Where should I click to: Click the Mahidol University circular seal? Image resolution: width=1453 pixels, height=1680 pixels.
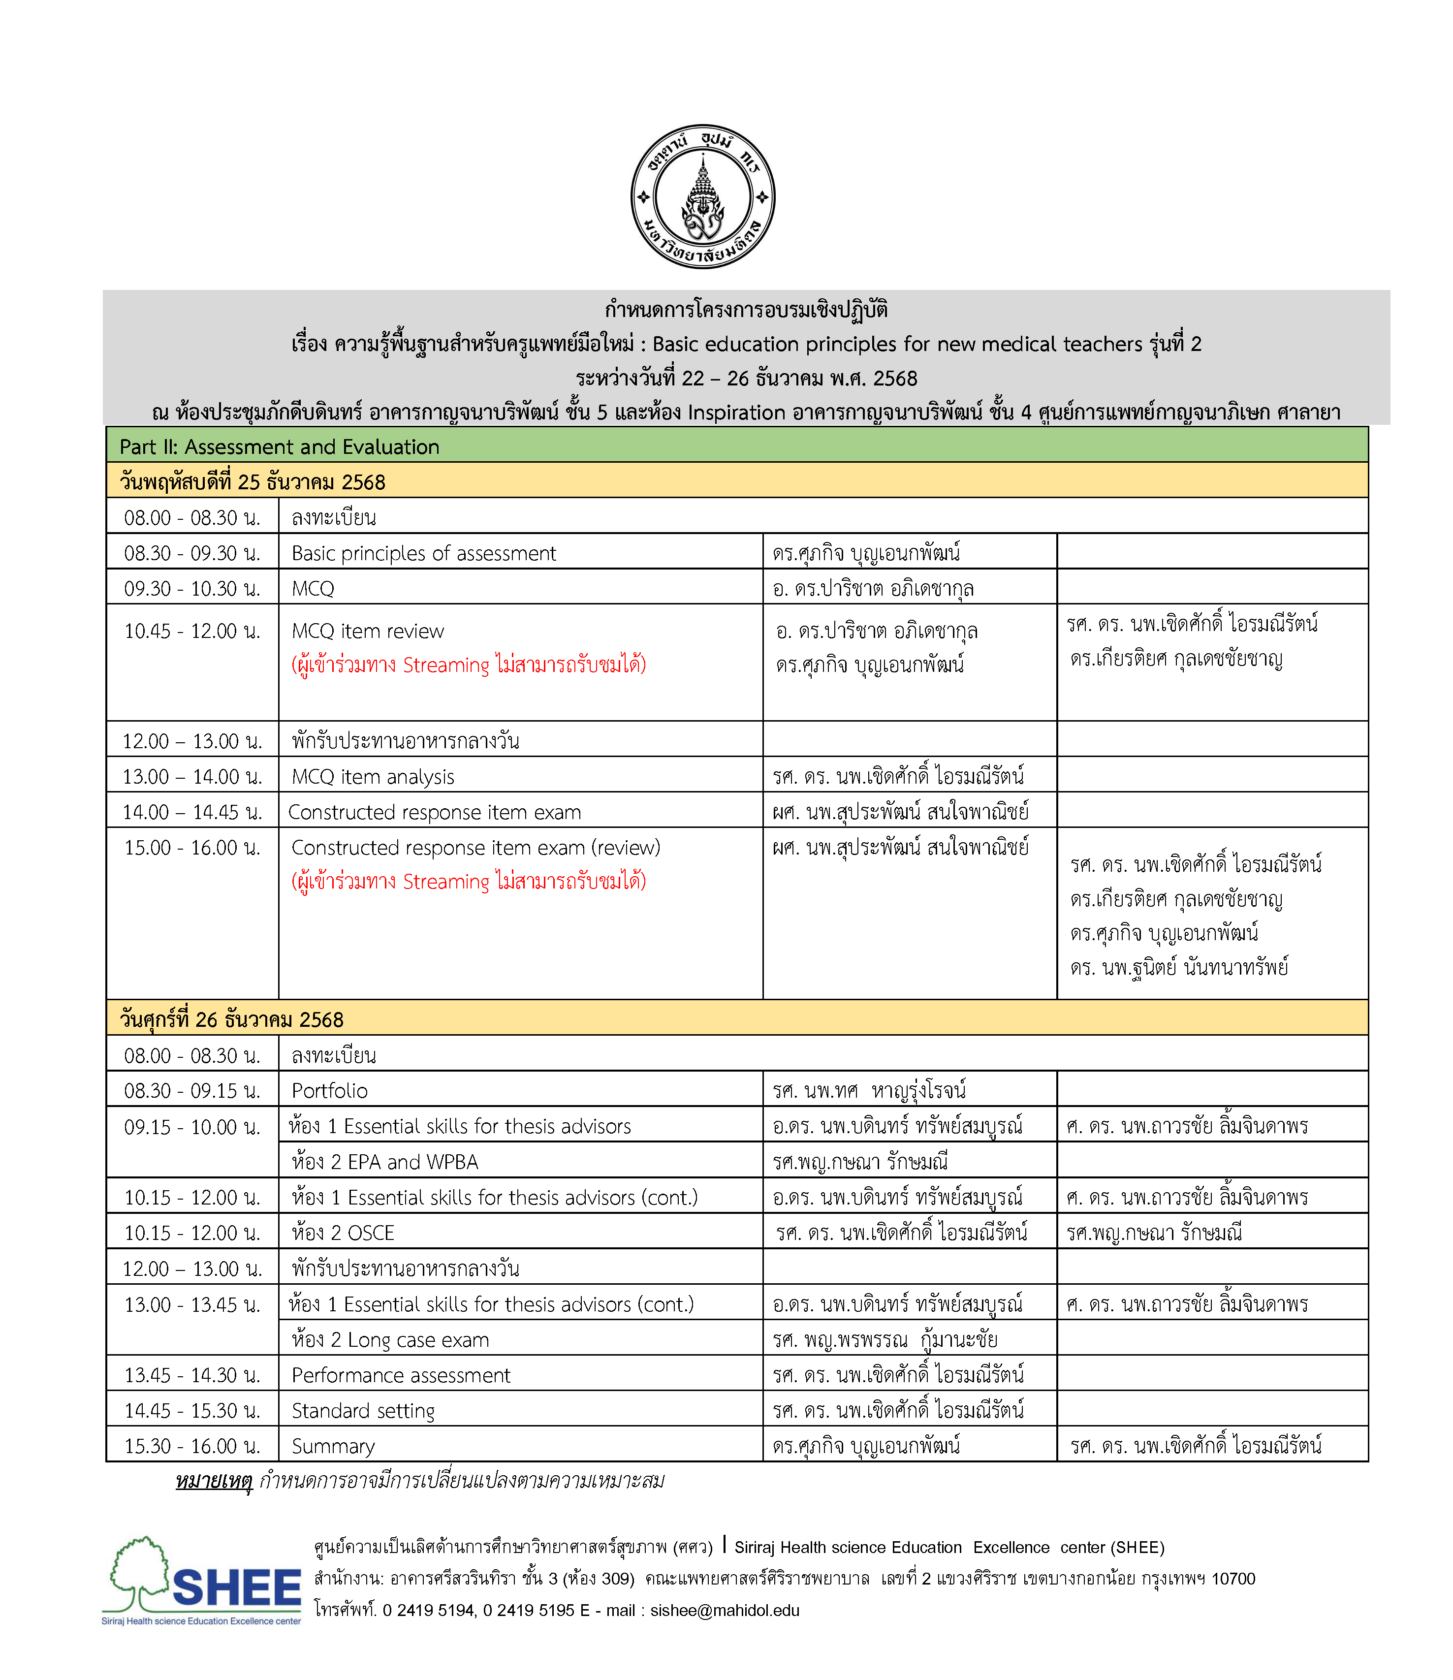702,197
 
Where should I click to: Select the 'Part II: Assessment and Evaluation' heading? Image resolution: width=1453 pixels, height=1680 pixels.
279,447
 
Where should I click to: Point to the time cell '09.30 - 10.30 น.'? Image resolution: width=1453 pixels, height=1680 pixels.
192,589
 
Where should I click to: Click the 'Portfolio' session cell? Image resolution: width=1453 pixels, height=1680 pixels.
329,1090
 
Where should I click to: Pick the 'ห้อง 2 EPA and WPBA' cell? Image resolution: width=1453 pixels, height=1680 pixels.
384,1162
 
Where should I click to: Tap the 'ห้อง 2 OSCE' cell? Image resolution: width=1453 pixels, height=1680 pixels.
342,1233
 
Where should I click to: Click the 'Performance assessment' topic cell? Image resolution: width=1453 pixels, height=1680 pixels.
401,1375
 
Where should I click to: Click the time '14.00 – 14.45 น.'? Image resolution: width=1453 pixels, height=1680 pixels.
192,812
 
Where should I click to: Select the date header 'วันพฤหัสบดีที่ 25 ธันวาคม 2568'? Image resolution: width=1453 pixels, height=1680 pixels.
252,482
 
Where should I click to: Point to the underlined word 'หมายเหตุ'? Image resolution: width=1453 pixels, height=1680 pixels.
214,1481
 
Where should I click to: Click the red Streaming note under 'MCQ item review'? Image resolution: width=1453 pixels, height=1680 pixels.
468,665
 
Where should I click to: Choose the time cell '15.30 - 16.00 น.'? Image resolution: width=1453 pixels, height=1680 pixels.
192,1447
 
